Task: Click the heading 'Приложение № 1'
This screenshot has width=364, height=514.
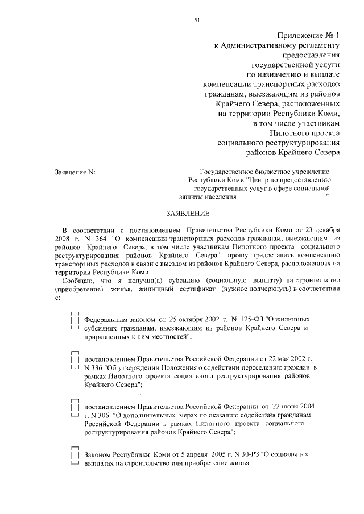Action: coord(308,35)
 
